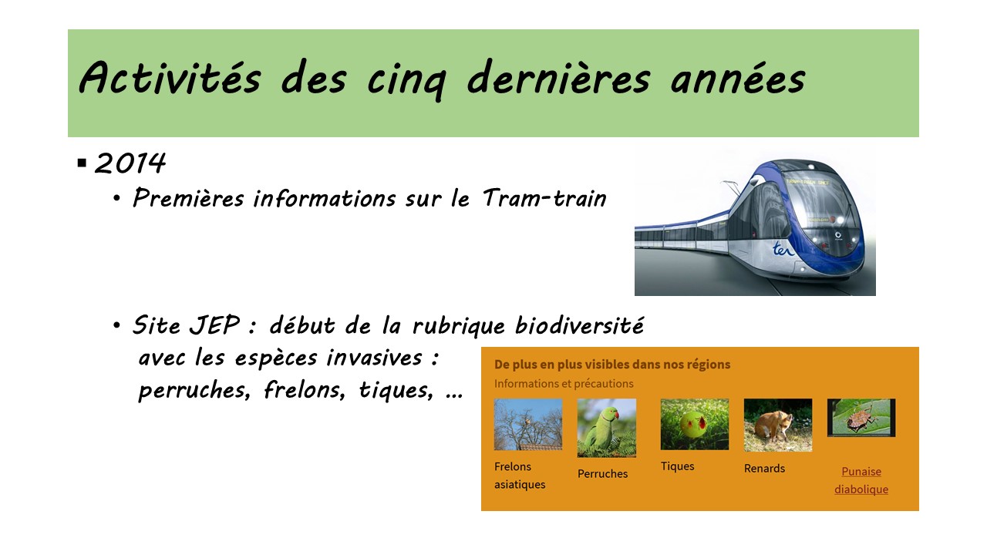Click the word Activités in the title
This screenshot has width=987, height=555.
tap(170, 77)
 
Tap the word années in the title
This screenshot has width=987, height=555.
tap(738, 78)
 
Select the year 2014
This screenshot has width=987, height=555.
tap(130, 163)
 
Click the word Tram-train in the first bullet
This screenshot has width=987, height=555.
tap(544, 198)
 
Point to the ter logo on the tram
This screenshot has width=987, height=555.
tap(783, 249)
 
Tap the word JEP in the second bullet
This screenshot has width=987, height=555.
tap(214, 325)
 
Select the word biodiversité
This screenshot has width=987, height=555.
tap(579, 325)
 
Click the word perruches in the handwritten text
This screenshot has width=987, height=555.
tap(194, 390)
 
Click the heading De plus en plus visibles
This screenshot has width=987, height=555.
tap(612, 365)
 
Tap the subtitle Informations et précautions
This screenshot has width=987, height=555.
tap(564, 384)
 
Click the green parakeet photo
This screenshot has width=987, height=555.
tap(607, 428)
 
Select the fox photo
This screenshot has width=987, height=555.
tap(778, 425)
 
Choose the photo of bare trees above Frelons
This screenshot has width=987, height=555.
tap(528, 424)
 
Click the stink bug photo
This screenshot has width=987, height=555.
tap(861, 418)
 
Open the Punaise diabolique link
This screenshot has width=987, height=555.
tap(861, 480)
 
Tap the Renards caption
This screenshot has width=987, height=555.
tap(764, 468)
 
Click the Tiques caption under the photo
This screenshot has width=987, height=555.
tap(677, 466)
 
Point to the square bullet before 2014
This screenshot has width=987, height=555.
tap(82, 163)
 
